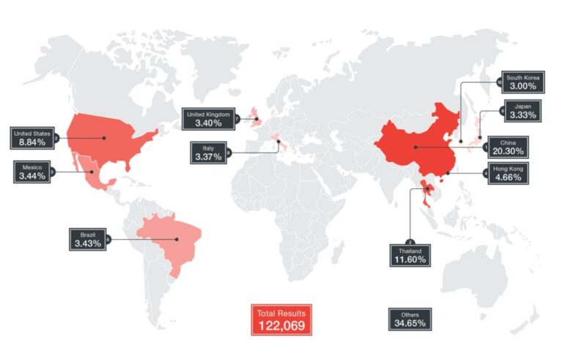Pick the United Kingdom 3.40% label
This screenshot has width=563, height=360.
pos(208,119)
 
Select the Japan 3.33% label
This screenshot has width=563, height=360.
pos(522,111)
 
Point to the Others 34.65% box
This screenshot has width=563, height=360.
pos(409,319)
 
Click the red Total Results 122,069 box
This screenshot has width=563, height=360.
pos(281,320)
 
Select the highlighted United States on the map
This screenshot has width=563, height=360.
pos(110,136)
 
